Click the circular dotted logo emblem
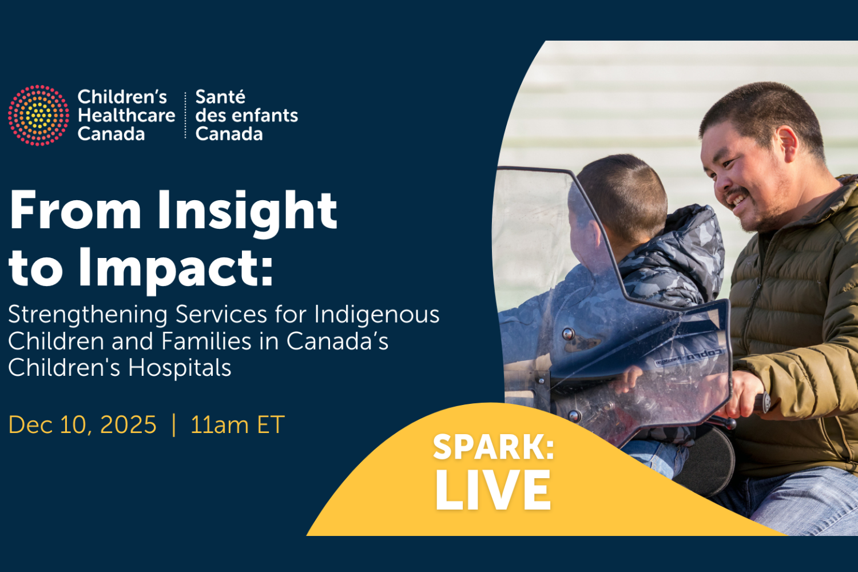coord(38,115)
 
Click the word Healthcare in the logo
coord(126,116)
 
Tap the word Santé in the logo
coord(220,97)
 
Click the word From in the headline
coord(76,210)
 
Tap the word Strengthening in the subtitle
coord(88,315)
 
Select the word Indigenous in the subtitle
coord(376,315)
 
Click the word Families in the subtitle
coord(206,341)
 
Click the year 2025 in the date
coord(128,425)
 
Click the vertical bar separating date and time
coord(174,425)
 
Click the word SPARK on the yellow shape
coord(493,447)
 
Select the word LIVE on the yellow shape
coord(493,490)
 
